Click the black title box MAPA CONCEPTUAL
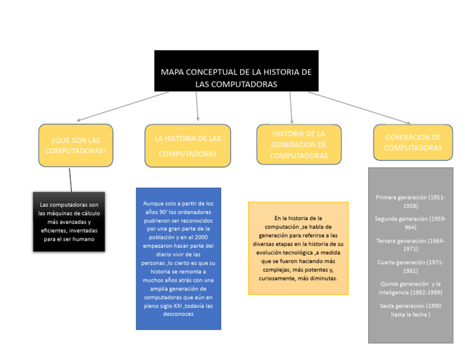click(x=236, y=71)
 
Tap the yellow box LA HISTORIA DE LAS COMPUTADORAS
click(x=187, y=145)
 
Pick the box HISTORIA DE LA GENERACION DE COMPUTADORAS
click(x=298, y=145)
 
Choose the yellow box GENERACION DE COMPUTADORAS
click(x=412, y=142)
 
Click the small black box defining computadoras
click(x=69, y=222)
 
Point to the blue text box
click(x=178, y=259)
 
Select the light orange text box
click(x=298, y=248)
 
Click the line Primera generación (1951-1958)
click(x=411, y=201)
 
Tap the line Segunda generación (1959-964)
click(x=411, y=222)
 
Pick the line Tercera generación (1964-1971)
click(x=411, y=244)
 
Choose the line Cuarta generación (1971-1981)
click(x=411, y=266)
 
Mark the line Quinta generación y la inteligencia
click(x=411, y=287)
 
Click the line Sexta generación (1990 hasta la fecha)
click(x=411, y=310)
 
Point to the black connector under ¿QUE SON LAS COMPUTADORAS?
click(x=71, y=179)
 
